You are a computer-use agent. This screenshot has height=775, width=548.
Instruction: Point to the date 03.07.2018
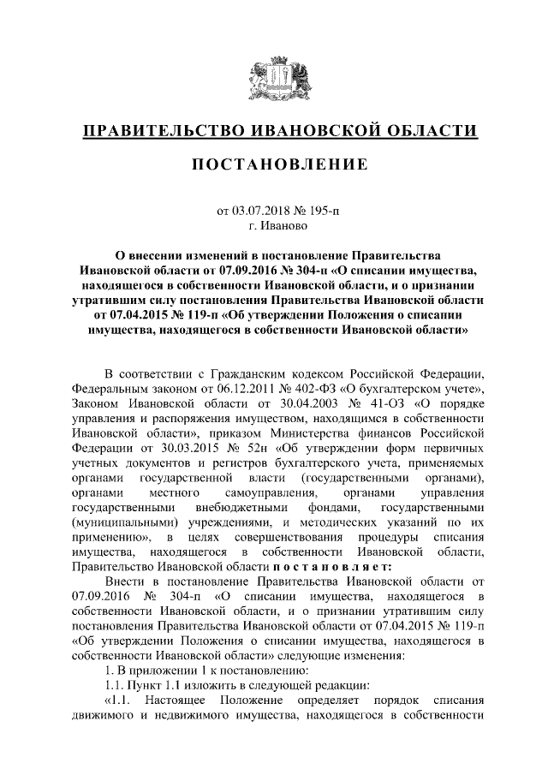263,212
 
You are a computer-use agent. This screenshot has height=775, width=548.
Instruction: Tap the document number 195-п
312,212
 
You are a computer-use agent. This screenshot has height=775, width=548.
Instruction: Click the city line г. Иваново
274,227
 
